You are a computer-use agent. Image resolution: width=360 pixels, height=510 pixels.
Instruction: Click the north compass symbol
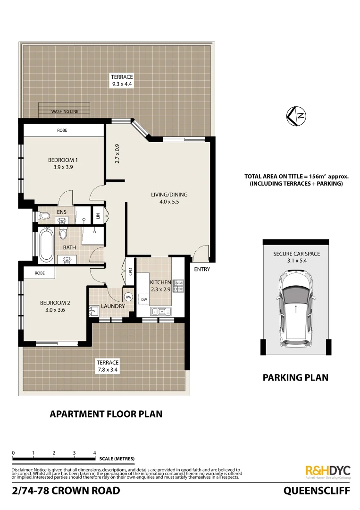click(295, 116)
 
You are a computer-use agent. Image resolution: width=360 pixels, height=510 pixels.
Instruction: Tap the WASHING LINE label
click(65, 112)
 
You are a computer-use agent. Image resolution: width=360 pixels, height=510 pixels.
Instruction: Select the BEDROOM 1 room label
click(63, 160)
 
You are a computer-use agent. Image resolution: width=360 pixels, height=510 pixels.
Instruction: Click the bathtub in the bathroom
click(46, 245)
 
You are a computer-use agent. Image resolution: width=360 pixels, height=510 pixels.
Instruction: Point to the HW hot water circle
click(128, 297)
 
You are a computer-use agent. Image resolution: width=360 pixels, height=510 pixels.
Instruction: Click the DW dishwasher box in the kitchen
click(143, 299)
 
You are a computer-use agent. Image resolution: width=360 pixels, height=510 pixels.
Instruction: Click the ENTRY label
click(202, 270)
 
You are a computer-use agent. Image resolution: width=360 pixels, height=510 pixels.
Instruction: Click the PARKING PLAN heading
click(295, 377)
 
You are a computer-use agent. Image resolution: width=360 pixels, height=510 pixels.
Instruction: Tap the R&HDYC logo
click(328, 471)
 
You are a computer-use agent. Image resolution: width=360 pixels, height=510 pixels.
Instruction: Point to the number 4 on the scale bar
click(95, 453)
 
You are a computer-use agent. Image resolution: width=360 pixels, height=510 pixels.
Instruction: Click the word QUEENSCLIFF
click(317, 491)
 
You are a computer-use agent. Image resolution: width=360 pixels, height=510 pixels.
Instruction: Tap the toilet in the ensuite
click(44, 216)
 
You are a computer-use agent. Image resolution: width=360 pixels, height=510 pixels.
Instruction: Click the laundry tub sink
click(92, 310)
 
